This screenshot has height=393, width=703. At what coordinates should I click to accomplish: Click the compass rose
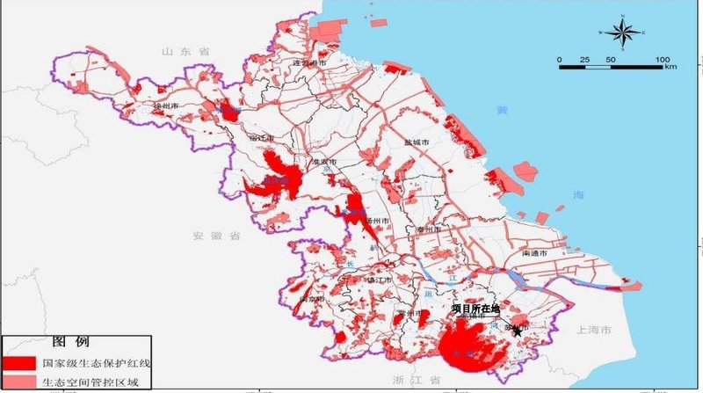point(622,33)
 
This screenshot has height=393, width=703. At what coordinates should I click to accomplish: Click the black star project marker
point(518,331)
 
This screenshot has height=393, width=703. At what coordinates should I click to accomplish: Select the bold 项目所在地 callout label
point(475,309)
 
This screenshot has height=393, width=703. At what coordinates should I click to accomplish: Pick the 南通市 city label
point(534,253)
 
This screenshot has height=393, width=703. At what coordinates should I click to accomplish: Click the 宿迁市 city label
point(262,138)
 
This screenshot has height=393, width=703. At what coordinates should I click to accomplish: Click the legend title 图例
point(68,341)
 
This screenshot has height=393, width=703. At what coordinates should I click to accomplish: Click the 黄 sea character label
point(502,111)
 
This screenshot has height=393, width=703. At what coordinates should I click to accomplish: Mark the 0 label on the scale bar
point(560,59)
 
